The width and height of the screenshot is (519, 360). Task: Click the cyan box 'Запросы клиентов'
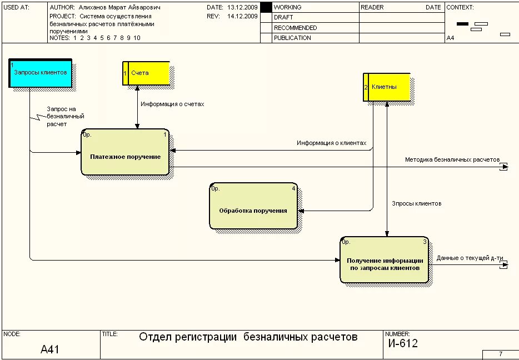click(41, 73)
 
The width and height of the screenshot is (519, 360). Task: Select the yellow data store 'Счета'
click(146, 73)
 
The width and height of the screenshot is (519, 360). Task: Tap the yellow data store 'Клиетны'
click(387, 87)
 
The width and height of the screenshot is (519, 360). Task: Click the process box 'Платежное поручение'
click(125, 152)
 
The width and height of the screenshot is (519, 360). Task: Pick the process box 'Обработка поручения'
click(253, 206)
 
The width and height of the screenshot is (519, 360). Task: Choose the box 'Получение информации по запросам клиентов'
click(385, 260)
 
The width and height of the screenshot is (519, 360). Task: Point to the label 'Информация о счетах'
click(172, 104)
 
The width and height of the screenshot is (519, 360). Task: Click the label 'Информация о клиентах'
click(331, 143)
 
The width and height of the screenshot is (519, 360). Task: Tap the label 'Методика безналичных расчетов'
click(452, 159)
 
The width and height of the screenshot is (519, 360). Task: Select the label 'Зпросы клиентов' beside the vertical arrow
click(417, 203)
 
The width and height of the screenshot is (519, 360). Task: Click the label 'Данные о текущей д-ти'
click(470, 258)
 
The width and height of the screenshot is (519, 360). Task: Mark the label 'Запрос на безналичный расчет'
click(65, 117)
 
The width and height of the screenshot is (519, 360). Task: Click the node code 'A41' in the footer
click(49, 349)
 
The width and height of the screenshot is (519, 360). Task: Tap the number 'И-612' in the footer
click(403, 343)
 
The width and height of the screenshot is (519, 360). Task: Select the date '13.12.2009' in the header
click(242, 8)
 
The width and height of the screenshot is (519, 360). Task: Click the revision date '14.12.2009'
click(242, 17)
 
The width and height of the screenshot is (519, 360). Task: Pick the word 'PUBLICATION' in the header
click(292, 38)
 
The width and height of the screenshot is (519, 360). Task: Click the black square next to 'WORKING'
click(266, 7)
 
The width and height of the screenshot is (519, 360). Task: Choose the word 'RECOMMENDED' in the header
click(295, 28)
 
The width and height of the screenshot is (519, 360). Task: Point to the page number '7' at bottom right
click(500, 354)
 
